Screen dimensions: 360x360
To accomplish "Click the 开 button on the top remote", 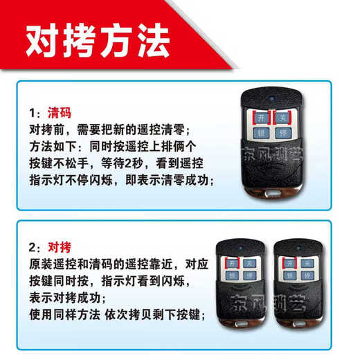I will [x=261, y=117].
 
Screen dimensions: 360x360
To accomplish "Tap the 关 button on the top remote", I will [x=280, y=117].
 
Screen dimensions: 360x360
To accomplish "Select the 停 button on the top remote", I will [x=280, y=132].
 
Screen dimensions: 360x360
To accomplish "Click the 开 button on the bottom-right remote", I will [x=289, y=263].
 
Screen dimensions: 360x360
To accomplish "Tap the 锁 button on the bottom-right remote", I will [x=289, y=277].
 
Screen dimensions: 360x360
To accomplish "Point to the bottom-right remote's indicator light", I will [x=298, y=246].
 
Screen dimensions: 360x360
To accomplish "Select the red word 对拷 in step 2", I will [x=60, y=246].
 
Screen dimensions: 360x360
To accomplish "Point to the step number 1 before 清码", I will [x=33, y=112].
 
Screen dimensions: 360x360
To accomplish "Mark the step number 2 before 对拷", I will [x=33, y=247].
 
